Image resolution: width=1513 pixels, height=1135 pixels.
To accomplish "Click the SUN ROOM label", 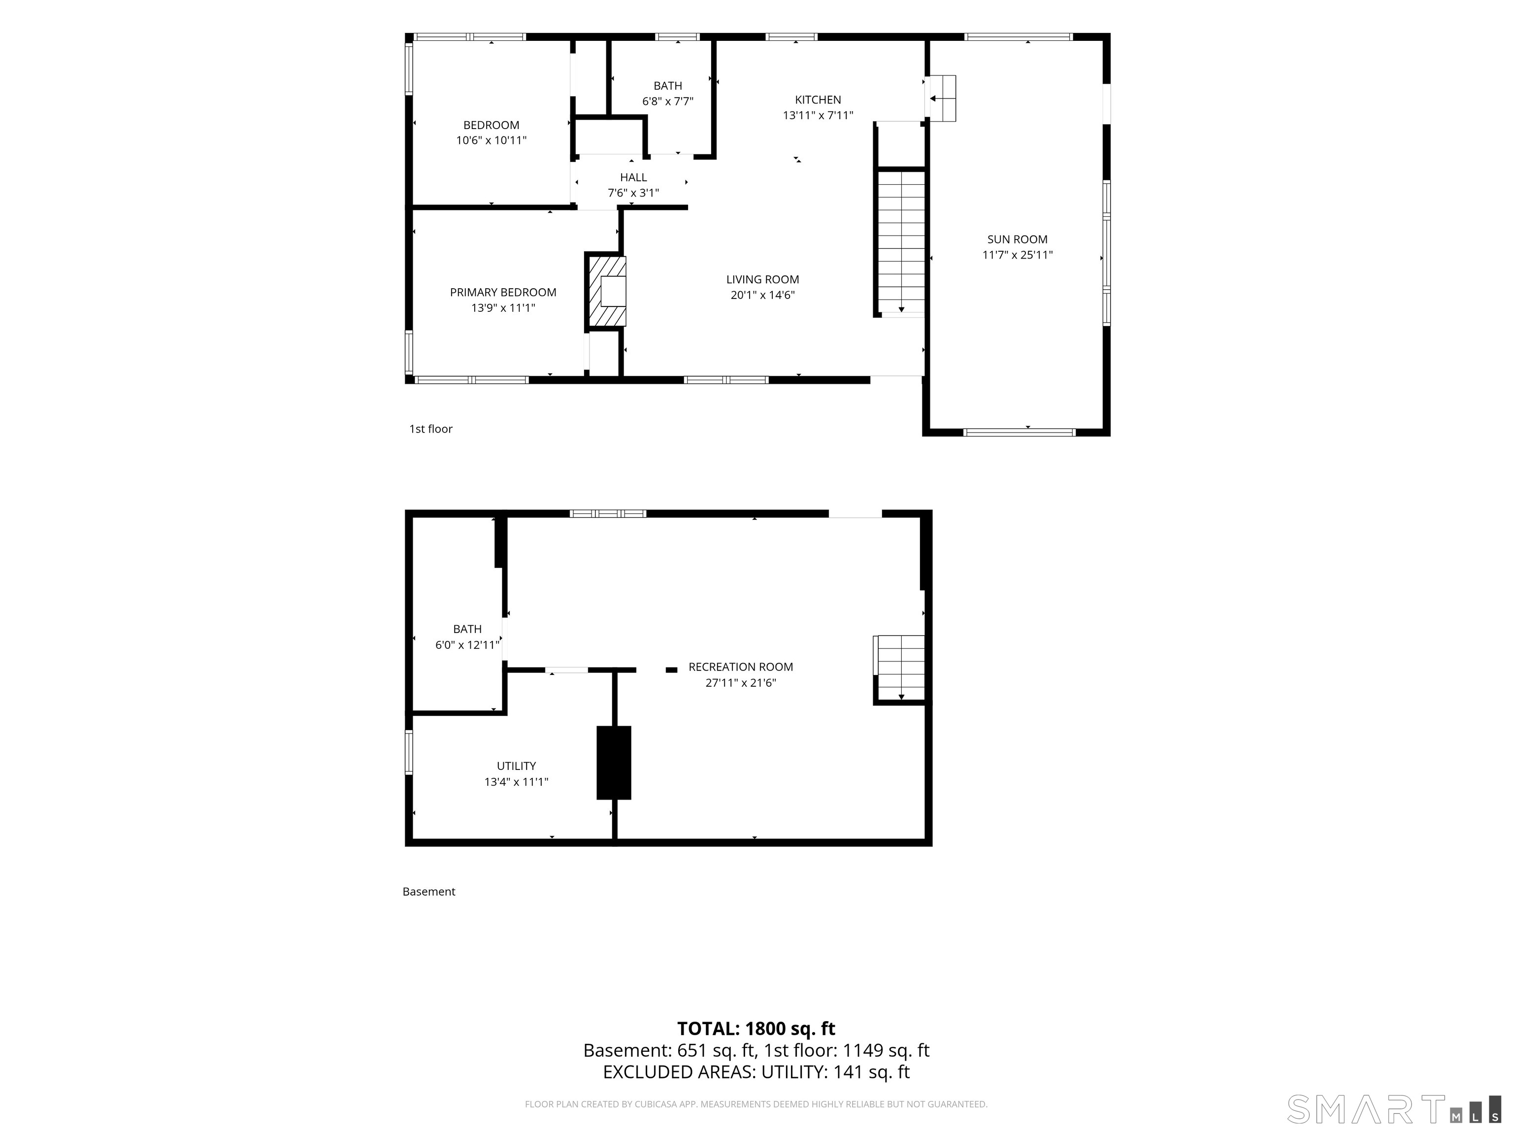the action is coord(1017,239).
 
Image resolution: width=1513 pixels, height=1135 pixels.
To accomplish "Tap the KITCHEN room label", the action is coord(818,100).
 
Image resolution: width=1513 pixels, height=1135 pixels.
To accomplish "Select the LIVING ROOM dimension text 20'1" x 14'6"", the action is coord(762,296).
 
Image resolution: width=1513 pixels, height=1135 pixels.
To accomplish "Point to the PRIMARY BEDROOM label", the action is coord(503,292).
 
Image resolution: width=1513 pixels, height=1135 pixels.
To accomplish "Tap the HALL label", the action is coord(633,178).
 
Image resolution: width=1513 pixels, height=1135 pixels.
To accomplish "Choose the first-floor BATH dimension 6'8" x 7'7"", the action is coord(667,101).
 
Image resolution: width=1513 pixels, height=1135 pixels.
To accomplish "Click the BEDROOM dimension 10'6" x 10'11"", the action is coord(491,141).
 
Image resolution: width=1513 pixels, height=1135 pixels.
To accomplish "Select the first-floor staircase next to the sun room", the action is coord(901,242).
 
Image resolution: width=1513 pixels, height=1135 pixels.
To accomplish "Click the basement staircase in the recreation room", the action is coord(899,668).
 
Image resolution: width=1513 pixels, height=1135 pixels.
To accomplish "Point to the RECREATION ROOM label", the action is coord(741,667).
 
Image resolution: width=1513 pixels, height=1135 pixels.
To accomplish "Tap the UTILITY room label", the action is coord(517,766).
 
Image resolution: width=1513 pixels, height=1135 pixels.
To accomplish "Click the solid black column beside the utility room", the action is coord(614,763).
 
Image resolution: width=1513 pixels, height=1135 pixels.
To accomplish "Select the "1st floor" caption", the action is coord(431,429).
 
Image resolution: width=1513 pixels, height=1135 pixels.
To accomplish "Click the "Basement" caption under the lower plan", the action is coord(429,892).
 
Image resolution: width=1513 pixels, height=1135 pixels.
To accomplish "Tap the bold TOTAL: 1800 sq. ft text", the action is coord(756,1029).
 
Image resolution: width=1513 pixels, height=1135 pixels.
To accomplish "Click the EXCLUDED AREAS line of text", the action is coord(756,1072).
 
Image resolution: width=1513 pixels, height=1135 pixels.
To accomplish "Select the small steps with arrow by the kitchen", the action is coord(941,99).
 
